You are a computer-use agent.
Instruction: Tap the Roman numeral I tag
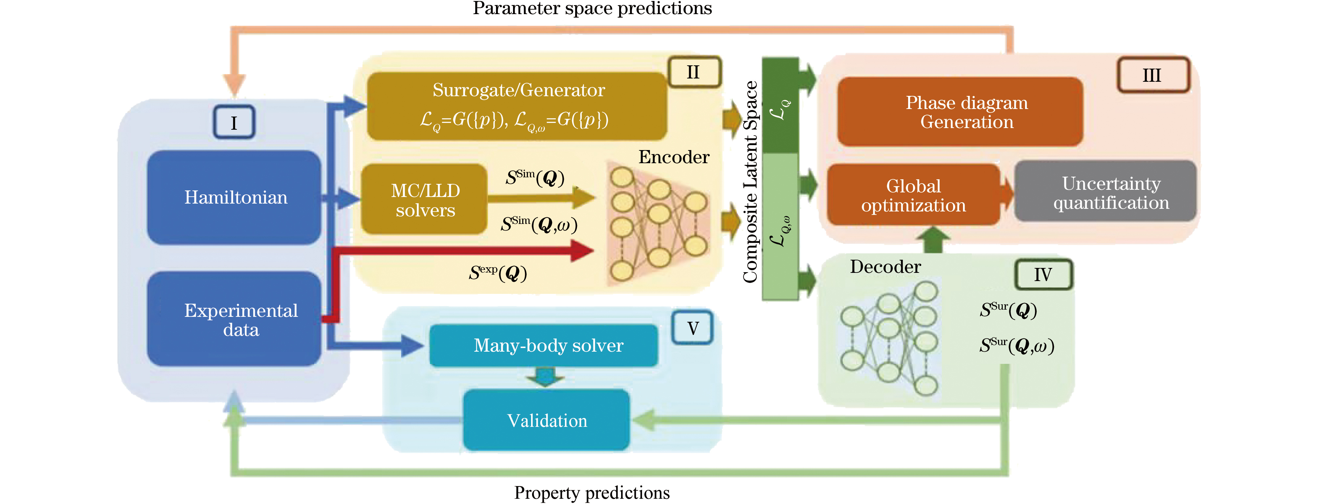234,122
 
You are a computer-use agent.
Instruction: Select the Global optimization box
913,195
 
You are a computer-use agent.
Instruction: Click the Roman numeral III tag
1152,75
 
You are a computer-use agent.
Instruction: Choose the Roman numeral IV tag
1043,275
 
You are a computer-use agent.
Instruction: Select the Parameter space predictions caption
592,8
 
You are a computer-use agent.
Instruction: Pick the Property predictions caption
592,492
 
